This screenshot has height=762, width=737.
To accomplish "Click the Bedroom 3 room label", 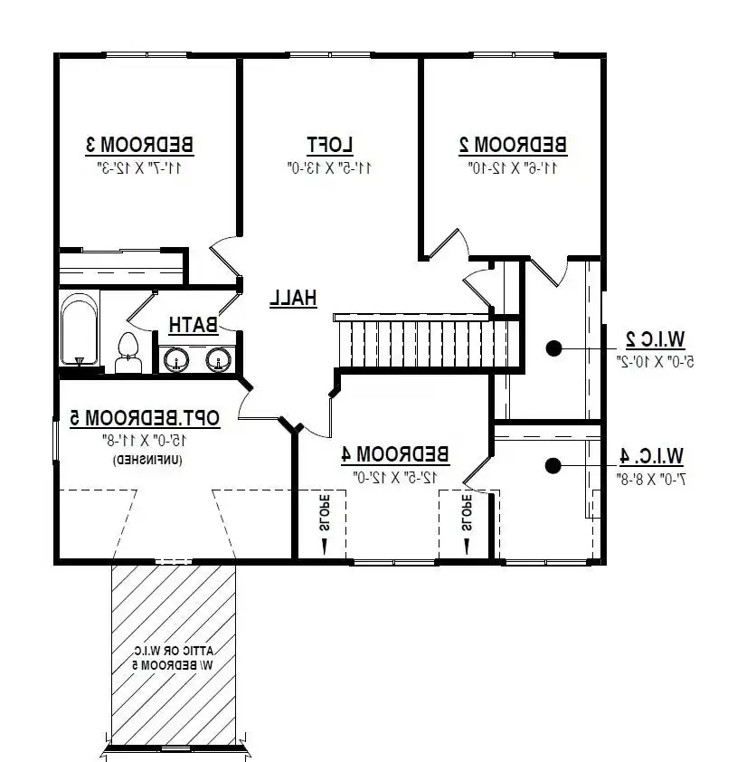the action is coord(140,145).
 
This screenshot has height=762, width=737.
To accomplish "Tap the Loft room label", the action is coord(330,145).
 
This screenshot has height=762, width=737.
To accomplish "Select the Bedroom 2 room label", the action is coord(513,145).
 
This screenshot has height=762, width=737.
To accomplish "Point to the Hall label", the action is coord(293,298).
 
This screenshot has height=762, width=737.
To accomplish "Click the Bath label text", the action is coord(194,325).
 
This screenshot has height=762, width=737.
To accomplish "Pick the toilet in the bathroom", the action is coord(128,352).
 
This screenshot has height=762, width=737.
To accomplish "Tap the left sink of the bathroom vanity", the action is coord(176,360).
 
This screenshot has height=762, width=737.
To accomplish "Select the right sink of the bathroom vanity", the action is coord(219,360).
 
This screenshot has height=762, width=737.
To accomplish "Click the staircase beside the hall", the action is coord(421,342).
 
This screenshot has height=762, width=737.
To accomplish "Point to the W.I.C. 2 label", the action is coord(656,339).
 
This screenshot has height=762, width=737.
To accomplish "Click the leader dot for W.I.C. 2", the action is coord(554,348).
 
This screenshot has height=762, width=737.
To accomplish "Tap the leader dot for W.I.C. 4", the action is coord(553,466).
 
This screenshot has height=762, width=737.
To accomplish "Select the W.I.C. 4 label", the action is coord(652,457).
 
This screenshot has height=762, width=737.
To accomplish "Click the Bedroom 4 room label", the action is coord(395,454).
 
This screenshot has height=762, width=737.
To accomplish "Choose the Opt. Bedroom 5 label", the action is coord(145,418).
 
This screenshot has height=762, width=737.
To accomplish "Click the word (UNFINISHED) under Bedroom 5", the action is coord(147,461).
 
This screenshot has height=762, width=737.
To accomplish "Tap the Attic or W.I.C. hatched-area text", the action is coord(174,658).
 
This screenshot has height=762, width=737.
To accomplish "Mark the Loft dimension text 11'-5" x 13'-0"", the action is coord(330,168).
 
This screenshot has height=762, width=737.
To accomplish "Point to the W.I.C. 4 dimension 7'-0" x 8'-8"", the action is coord(651,480).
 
